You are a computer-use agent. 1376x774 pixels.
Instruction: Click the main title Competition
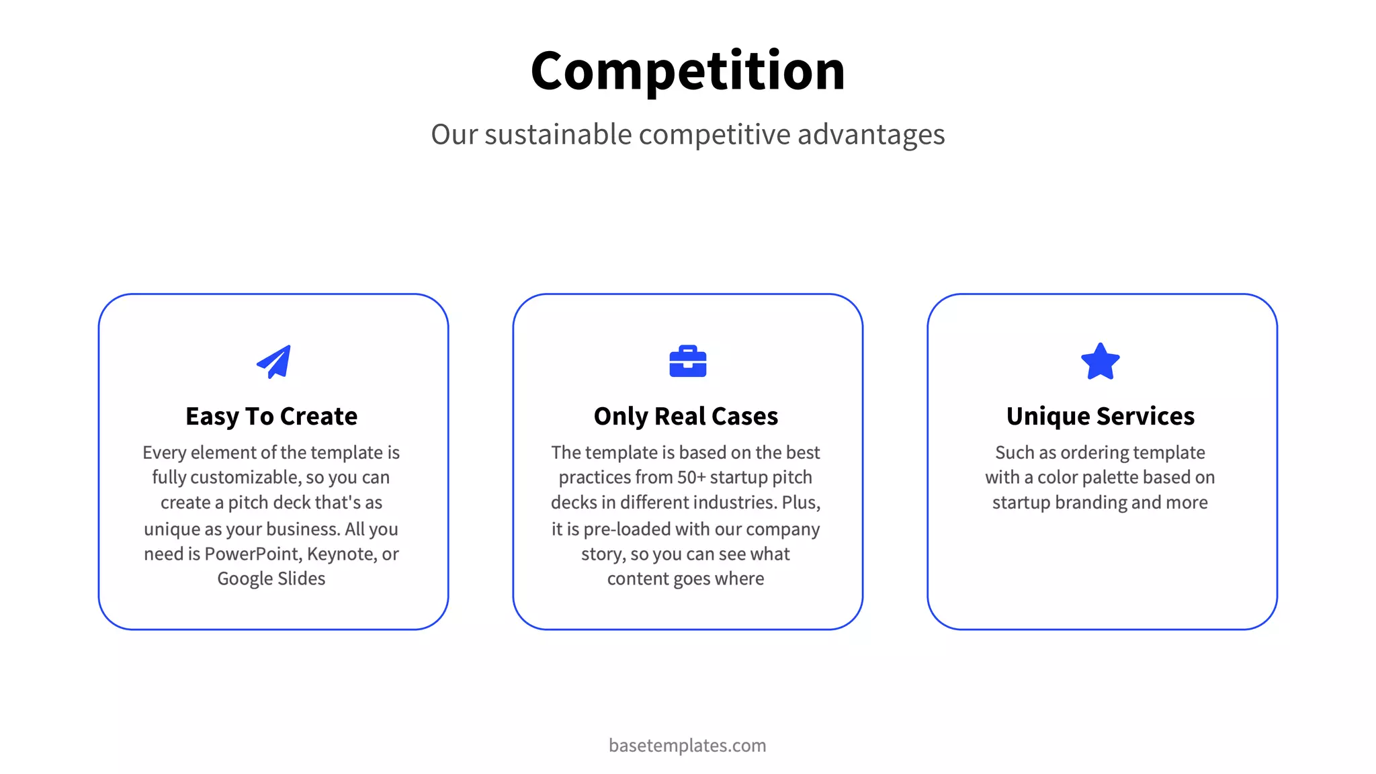coord(687,71)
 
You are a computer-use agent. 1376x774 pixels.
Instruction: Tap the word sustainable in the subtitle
coord(558,134)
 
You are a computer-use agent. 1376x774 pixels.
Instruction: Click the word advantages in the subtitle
coord(871,134)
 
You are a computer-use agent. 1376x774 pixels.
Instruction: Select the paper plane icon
coord(274,362)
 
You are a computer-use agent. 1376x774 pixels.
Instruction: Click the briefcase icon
coord(687,361)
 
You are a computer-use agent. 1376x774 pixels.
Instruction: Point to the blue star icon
coord(1100,362)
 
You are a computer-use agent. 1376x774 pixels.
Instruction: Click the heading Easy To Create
coord(271,417)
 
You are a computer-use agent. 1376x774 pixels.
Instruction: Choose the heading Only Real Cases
coord(686,417)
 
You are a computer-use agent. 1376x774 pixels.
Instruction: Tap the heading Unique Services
coord(1100,417)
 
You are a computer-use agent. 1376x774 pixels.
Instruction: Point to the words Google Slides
coord(271,579)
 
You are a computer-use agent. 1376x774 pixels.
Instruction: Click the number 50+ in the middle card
coord(691,478)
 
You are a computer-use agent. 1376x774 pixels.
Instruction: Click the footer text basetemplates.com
coord(687,746)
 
